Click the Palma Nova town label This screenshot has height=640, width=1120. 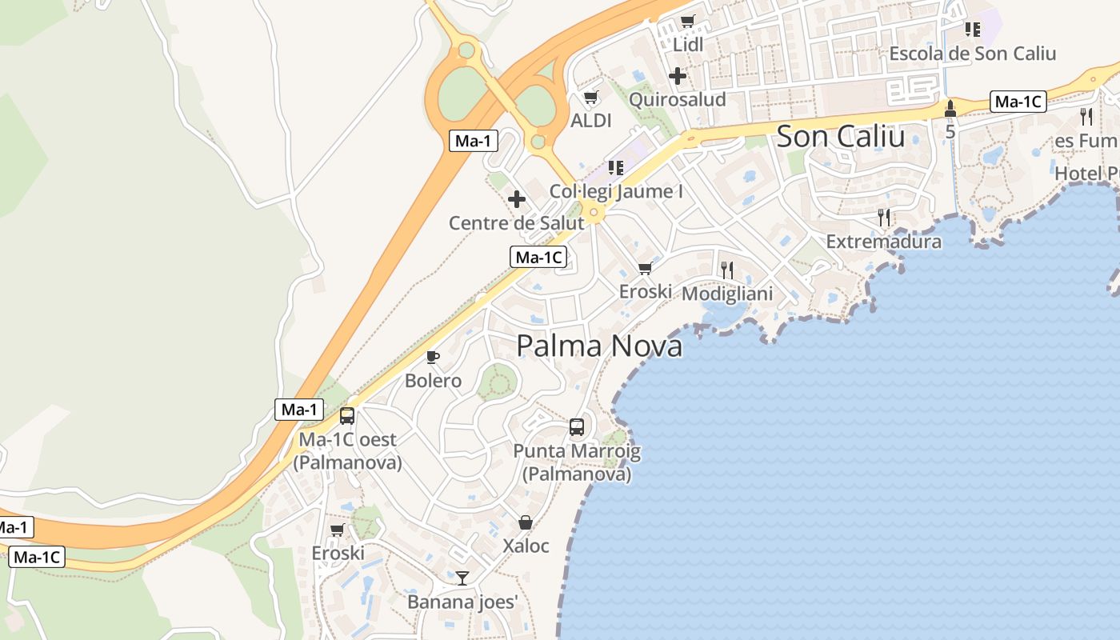point(599,346)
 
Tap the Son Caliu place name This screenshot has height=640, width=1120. point(841,136)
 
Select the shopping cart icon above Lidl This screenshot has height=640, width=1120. point(687,22)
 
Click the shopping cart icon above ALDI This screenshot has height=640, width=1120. point(591,98)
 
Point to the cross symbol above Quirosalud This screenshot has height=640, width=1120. point(678,77)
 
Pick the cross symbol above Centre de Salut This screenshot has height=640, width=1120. point(517,199)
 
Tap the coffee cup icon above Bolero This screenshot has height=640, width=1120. point(433,357)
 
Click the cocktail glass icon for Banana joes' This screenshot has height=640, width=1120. point(462,578)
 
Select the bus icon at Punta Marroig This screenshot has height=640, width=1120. point(577,427)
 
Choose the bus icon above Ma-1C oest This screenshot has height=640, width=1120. point(347,416)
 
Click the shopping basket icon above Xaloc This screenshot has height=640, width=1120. point(526,522)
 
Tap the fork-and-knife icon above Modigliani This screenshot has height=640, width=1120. point(727,270)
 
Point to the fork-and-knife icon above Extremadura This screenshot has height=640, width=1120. point(884,217)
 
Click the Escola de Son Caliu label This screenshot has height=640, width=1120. point(973,54)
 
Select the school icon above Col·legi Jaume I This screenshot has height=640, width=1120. point(615,168)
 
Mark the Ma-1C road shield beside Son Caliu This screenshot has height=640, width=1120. point(1018,102)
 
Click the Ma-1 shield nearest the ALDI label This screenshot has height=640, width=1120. point(473,142)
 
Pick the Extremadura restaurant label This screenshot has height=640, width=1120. point(884,241)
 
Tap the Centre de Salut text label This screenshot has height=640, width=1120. point(517,223)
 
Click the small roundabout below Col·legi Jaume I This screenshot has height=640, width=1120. point(594,213)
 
